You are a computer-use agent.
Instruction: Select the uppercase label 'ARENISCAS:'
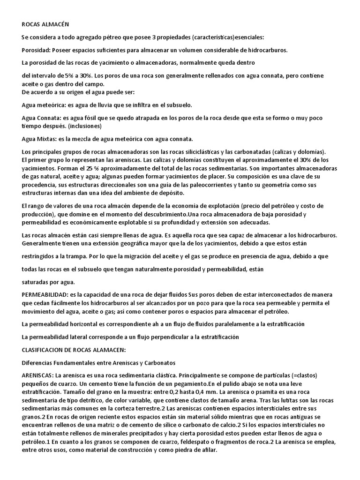point(38,376)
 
